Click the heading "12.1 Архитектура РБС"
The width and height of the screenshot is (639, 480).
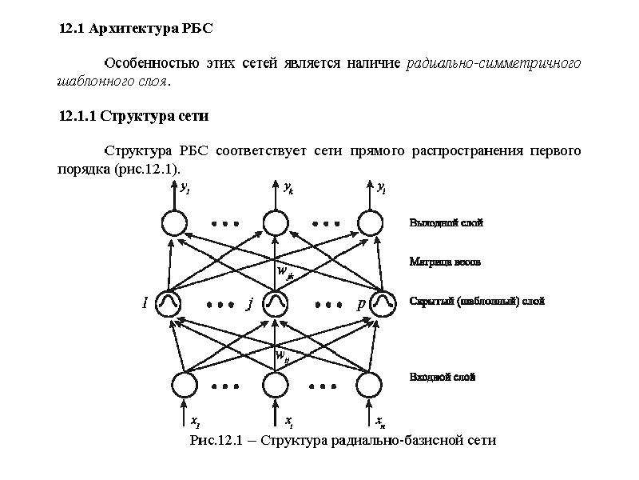click(136, 29)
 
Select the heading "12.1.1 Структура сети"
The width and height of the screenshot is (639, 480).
click(133, 116)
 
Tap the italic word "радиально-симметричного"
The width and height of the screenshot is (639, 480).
click(493, 64)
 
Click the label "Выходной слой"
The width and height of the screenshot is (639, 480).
click(447, 223)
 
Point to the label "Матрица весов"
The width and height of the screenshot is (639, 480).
click(445, 262)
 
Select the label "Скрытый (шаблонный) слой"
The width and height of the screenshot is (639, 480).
click(477, 302)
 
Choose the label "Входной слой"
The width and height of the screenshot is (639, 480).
click(443, 376)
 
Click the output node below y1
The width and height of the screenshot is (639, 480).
click(174, 223)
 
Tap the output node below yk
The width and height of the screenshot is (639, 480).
click(276, 223)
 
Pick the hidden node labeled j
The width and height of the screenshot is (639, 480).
click(275, 304)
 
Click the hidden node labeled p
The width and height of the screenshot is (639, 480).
click(383, 304)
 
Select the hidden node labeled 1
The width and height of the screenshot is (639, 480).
click(169, 304)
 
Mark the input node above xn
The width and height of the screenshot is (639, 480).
click(369, 385)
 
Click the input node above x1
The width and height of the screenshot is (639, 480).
click(185, 385)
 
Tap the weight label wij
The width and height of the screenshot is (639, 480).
click(283, 356)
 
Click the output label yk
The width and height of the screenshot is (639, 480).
click(288, 188)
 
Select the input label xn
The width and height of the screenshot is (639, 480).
click(381, 422)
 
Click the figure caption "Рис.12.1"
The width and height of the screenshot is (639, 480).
click(216, 441)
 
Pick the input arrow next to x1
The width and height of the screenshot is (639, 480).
click(185, 413)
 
